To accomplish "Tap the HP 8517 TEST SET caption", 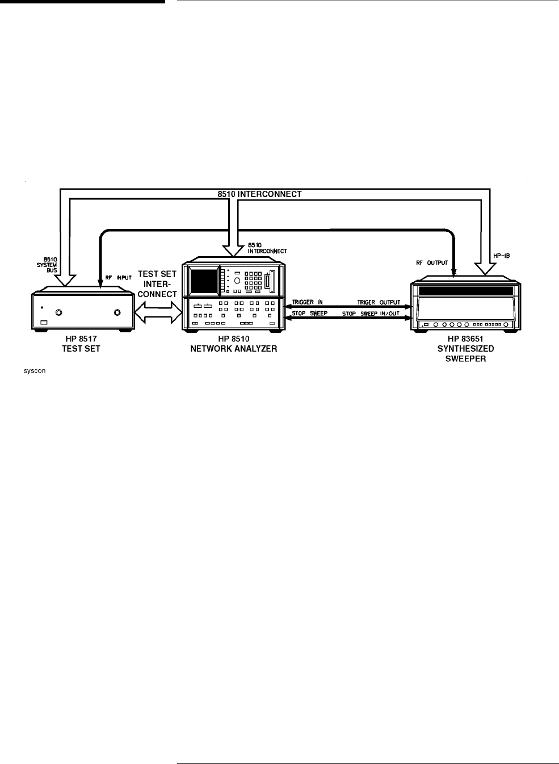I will (x=81, y=344).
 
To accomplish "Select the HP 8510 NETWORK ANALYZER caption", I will (x=234, y=344).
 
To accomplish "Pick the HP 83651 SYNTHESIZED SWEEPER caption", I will (x=465, y=349).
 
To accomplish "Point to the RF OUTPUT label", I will (x=431, y=262).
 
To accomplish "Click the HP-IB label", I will (x=501, y=256).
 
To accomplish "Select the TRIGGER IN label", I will (x=307, y=302).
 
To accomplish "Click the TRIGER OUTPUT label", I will (x=379, y=302).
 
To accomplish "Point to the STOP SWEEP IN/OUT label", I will (x=371, y=314).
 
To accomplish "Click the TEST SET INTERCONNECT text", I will (x=157, y=283).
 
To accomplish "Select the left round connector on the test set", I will (x=59, y=312).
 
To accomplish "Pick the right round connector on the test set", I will (x=117, y=312).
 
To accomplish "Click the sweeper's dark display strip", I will (x=465, y=291).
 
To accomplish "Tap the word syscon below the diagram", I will (x=34, y=370).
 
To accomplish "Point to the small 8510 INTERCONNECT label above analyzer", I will (x=267, y=248).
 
